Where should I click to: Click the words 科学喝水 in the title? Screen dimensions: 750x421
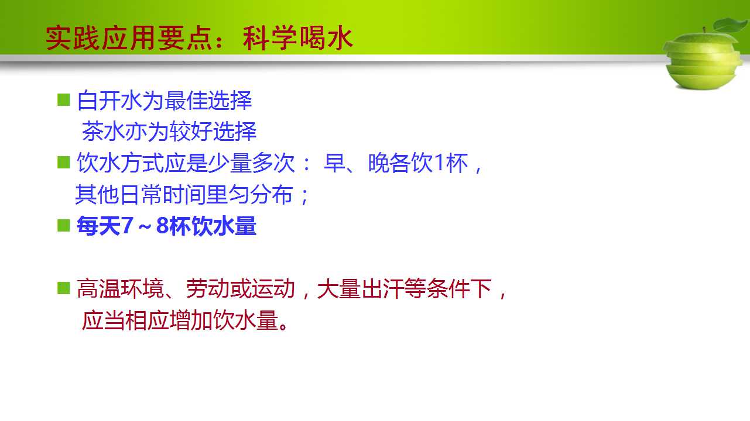(x=298, y=38)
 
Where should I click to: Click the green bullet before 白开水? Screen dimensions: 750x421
(x=64, y=99)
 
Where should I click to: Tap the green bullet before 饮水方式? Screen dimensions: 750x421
(x=64, y=163)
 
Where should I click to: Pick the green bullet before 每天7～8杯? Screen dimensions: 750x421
(x=64, y=225)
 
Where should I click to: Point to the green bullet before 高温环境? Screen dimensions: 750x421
(x=64, y=288)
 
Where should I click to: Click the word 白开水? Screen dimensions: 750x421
(x=109, y=101)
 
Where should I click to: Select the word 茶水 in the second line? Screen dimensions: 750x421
(x=104, y=132)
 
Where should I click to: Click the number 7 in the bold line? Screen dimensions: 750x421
(x=128, y=225)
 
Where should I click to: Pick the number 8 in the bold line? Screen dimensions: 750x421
(x=162, y=225)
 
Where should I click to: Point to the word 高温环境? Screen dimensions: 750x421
(x=120, y=289)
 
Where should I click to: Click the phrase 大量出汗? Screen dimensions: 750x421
(x=360, y=289)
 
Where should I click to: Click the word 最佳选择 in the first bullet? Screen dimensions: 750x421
(x=208, y=101)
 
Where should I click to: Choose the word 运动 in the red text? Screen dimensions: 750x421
(x=273, y=289)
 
